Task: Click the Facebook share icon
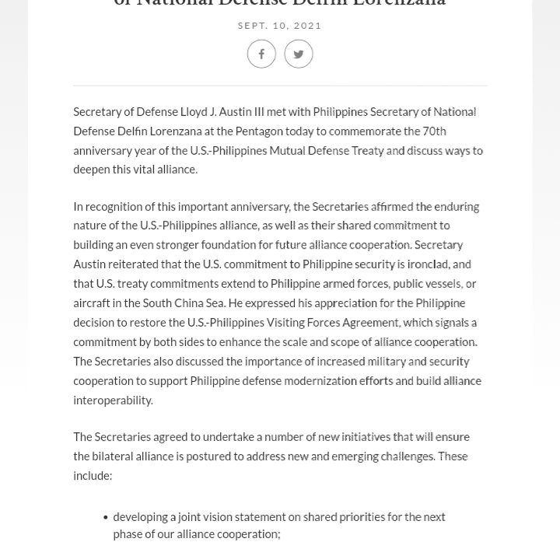coord(261,54)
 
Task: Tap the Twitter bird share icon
coord(299,54)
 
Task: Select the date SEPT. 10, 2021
coord(280,26)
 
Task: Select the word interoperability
coord(113,400)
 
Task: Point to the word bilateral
coord(116,456)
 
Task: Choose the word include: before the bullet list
coord(93,475)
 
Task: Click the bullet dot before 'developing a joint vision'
coord(105,517)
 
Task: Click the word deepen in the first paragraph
coord(93,170)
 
